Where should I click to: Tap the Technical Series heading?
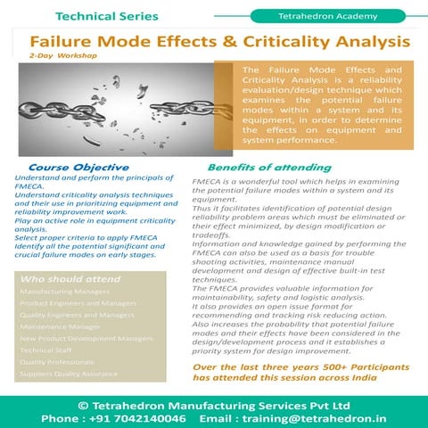click(107, 16)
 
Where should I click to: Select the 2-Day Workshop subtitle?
click(62, 55)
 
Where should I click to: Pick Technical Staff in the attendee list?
click(46, 350)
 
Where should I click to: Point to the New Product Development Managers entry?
click(86, 339)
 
